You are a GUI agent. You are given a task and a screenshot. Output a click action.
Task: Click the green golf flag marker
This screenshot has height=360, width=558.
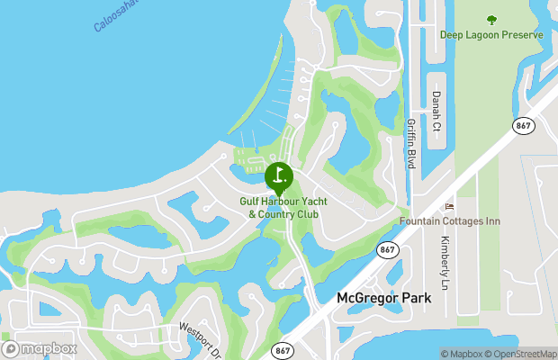[x=279, y=175]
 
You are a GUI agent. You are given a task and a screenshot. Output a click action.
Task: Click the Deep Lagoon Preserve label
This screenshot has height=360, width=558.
[x=491, y=35]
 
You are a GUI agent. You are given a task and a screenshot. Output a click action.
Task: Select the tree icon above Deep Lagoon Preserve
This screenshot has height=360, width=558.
[x=491, y=19]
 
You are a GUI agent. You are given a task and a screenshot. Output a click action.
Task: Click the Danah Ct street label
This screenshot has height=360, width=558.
[x=436, y=111]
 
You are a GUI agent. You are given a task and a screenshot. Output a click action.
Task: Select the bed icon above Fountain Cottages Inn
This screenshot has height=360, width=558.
[x=451, y=207]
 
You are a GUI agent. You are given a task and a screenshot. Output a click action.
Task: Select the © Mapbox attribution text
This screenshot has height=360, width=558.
[x=463, y=354]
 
